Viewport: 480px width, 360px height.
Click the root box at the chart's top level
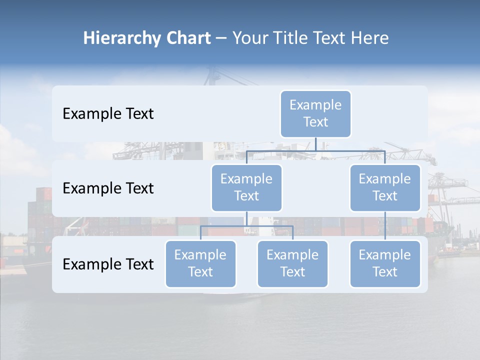click(x=315, y=113)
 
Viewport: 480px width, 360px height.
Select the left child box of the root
click(x=246, y=187)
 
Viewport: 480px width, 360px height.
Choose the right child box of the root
click(x=385, y=187)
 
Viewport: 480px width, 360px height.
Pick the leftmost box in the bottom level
click(x=200, y=263)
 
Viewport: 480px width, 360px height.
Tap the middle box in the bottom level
click(x=292, y=263)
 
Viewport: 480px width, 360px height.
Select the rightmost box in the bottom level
click(x=385, y=263)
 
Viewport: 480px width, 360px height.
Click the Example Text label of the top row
click(x=108, y=113)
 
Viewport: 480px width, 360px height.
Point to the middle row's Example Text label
click(x=108, y=188)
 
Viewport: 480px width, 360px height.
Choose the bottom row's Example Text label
click(x=108, y=264)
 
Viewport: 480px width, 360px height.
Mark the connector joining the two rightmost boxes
click(x=385, y=226)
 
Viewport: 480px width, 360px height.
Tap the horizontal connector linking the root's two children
click(x=316, y=150)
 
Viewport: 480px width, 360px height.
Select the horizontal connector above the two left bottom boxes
click(x=246, y=226)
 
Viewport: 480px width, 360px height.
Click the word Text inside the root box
click(x=315, y=122)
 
